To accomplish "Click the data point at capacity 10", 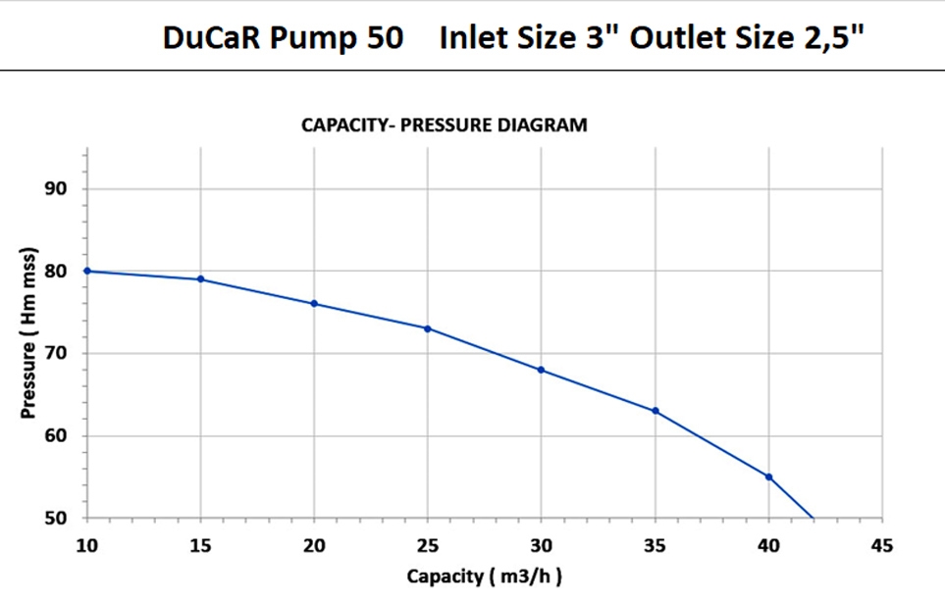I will (x=87, y=271).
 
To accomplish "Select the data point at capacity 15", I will (x=201, y=279).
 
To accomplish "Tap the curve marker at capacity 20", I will (x=314, y=304).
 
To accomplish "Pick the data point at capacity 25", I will (x=428, y=328).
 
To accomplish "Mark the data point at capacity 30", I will (x=542, y=370).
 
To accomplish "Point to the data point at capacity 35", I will (x=655, y=411).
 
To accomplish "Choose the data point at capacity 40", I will (x=768, y=477).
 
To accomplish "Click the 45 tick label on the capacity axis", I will (x=882, y=544).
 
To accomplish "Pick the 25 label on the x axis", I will (x=428, y=544).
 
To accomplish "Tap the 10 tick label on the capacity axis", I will (x=87, y=544).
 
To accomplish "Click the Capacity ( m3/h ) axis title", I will (x=485, y=577).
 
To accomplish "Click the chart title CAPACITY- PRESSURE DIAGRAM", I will (x=445, y=126).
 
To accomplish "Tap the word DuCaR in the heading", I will (x=204, y=39).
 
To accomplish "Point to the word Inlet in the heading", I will (x=471, y=39).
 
